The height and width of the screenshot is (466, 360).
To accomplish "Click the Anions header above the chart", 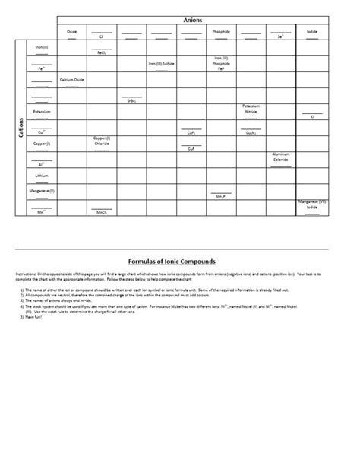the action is [193, 20].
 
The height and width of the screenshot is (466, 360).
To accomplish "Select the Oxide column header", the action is [71, 32].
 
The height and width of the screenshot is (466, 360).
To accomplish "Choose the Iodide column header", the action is [312, 32].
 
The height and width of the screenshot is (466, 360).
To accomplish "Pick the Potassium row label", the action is [42, 111].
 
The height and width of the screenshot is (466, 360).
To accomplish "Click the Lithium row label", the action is [42, 175].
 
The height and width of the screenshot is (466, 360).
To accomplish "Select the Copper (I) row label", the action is [42, 143].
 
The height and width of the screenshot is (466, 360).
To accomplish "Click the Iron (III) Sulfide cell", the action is [161, 64].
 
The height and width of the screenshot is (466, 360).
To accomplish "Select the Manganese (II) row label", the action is [42, 191].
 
